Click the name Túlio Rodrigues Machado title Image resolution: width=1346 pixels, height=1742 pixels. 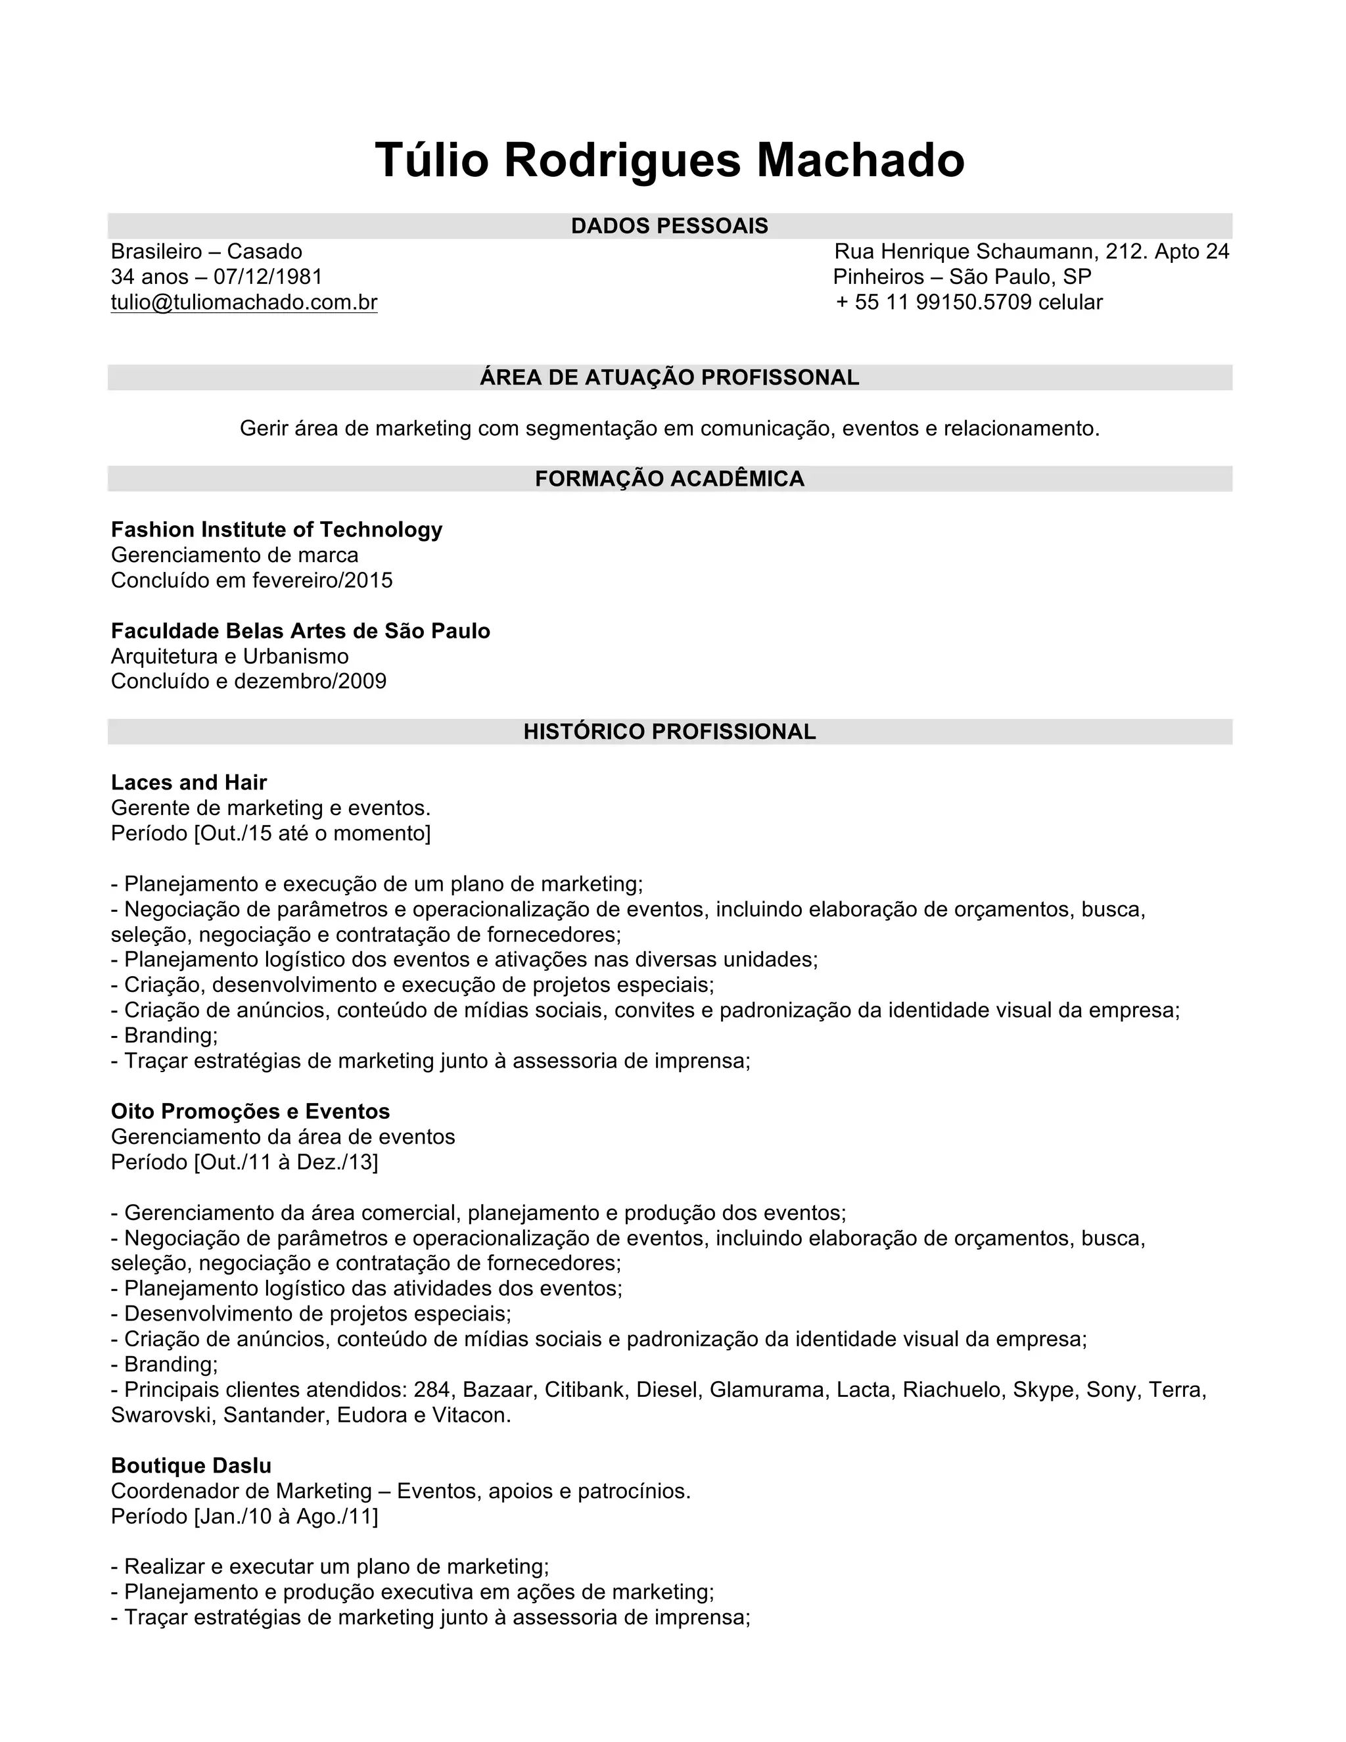(670, 160)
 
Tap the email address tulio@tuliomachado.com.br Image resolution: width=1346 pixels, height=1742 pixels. (244, 302)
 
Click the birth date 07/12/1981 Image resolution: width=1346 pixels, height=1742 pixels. (268, 277)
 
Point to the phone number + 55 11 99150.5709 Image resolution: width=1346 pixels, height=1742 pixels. (934, 302)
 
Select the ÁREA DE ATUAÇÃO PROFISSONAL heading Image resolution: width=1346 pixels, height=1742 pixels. (670, 377)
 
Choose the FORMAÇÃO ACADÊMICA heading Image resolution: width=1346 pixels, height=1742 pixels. (670, 479)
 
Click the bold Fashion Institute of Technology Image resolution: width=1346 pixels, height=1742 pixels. (277, 530)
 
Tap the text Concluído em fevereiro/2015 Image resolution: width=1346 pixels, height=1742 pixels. (252, 580)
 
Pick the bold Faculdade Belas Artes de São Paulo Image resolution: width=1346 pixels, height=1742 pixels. (300, 631)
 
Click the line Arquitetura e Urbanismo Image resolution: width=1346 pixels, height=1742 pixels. (229, 657)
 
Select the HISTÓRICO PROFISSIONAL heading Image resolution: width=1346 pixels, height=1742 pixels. (670, 732)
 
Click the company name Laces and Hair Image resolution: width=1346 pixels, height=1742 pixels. (189, 782)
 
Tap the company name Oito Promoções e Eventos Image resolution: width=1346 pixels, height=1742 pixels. (250, 1112)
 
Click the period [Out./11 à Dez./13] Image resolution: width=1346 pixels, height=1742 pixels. (285, 1162)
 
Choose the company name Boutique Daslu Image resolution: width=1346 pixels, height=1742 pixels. (191, 1466)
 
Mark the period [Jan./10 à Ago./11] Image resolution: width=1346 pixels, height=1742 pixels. (285, 1517)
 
